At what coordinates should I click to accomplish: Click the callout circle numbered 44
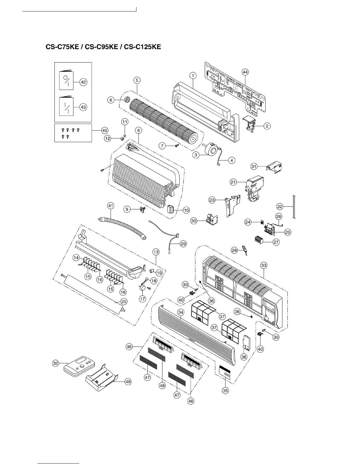[245, 72]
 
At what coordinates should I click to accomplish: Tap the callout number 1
[193, 76]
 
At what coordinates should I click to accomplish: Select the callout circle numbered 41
[111, 206]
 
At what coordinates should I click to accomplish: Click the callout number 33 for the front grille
[264, 265]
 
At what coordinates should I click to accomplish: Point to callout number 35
[225, 390]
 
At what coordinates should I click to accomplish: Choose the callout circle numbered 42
[83, 82]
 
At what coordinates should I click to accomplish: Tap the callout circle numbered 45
[104, 130]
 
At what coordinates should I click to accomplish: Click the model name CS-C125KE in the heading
[143, 47]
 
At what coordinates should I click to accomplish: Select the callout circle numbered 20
[124, 302]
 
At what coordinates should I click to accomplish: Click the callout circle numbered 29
[183, 244]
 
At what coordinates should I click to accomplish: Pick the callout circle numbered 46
[129, 347]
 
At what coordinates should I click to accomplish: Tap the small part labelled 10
[170, 209]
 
